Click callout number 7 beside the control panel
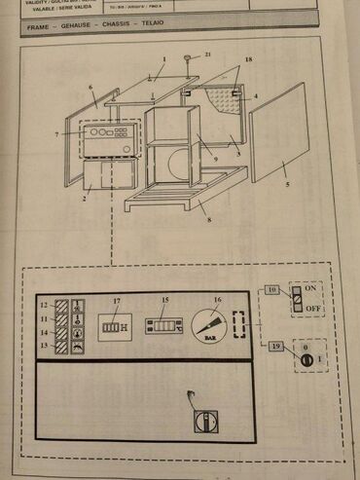click(57, 133)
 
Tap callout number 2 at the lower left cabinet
click(85, 199)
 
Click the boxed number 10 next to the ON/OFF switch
click(272, 291)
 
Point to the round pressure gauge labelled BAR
click(210, 321)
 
